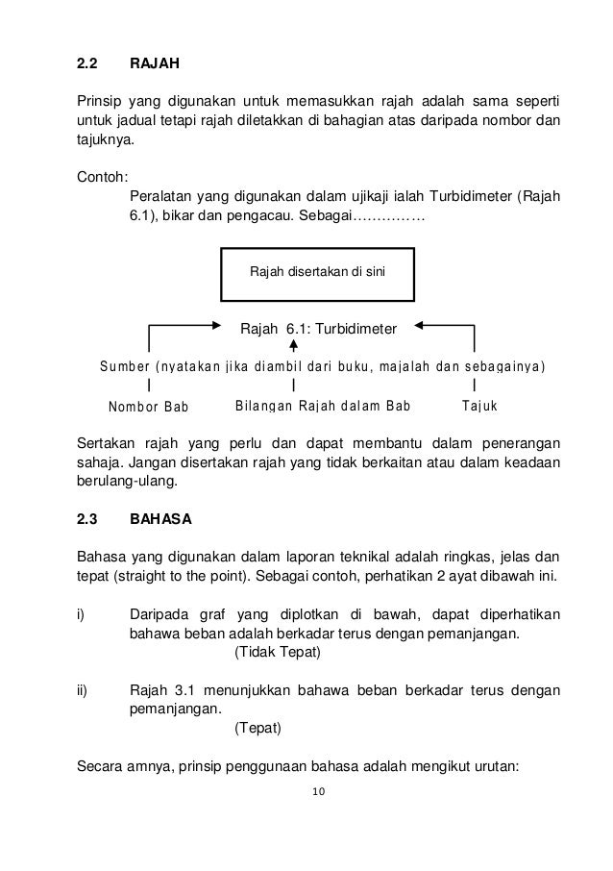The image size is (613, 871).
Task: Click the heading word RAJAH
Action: [x=154, y=66]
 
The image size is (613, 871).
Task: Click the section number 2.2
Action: [x=87, y=66]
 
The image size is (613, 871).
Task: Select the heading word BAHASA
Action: [x=160, y=519]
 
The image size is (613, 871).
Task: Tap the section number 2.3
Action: [x=87, y=519]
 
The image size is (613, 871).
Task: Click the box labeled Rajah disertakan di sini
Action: [x=317, y=272]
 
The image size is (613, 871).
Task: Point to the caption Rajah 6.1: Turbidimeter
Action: [x=317, y=328]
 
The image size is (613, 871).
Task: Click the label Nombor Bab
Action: [x=148, y=406]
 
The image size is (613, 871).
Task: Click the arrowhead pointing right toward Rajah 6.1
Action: [x=216, y=327]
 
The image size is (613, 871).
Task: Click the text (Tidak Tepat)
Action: [x=277, y=653]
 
